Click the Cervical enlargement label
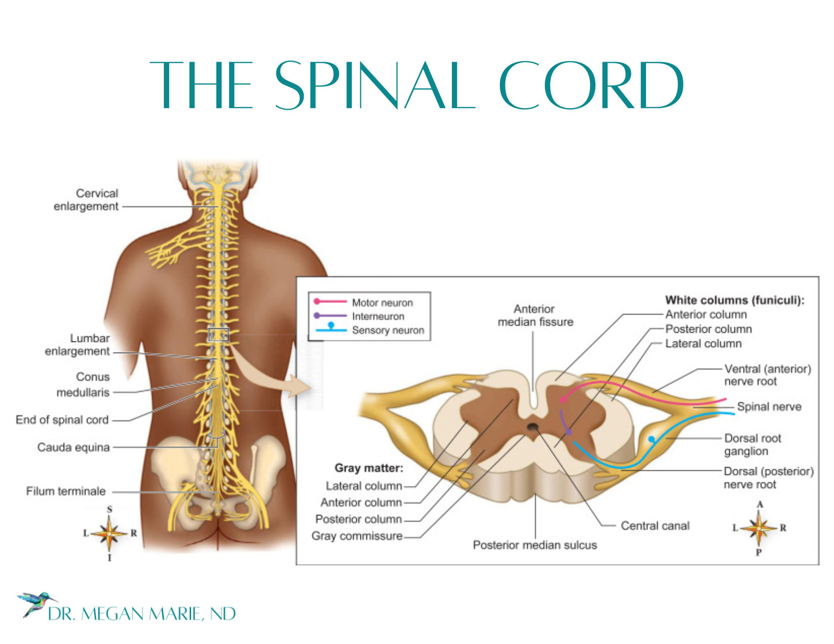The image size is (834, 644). point(86,200)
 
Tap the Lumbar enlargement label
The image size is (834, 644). point(77,345)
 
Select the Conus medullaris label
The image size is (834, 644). point(83,384)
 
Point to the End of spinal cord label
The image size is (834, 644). point(62,420)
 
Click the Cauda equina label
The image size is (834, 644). point(73,448)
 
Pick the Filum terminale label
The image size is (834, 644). point(66,491)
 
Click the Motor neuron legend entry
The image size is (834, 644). point(382,303)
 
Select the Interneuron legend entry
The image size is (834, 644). point(378,316)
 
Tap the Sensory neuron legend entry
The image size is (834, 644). point(388,330)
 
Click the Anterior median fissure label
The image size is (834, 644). point(535,316)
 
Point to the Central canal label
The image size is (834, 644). point(655,526)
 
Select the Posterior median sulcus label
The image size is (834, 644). point(535,545)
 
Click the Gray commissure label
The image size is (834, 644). point(357,536)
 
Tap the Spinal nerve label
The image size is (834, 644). point(769,407)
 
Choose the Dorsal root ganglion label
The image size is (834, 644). point(752,444)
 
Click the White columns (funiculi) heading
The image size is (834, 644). point(734,301)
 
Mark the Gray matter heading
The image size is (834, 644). point(369,468)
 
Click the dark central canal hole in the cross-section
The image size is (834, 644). point(532,427)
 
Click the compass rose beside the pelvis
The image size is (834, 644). point(109,533)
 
